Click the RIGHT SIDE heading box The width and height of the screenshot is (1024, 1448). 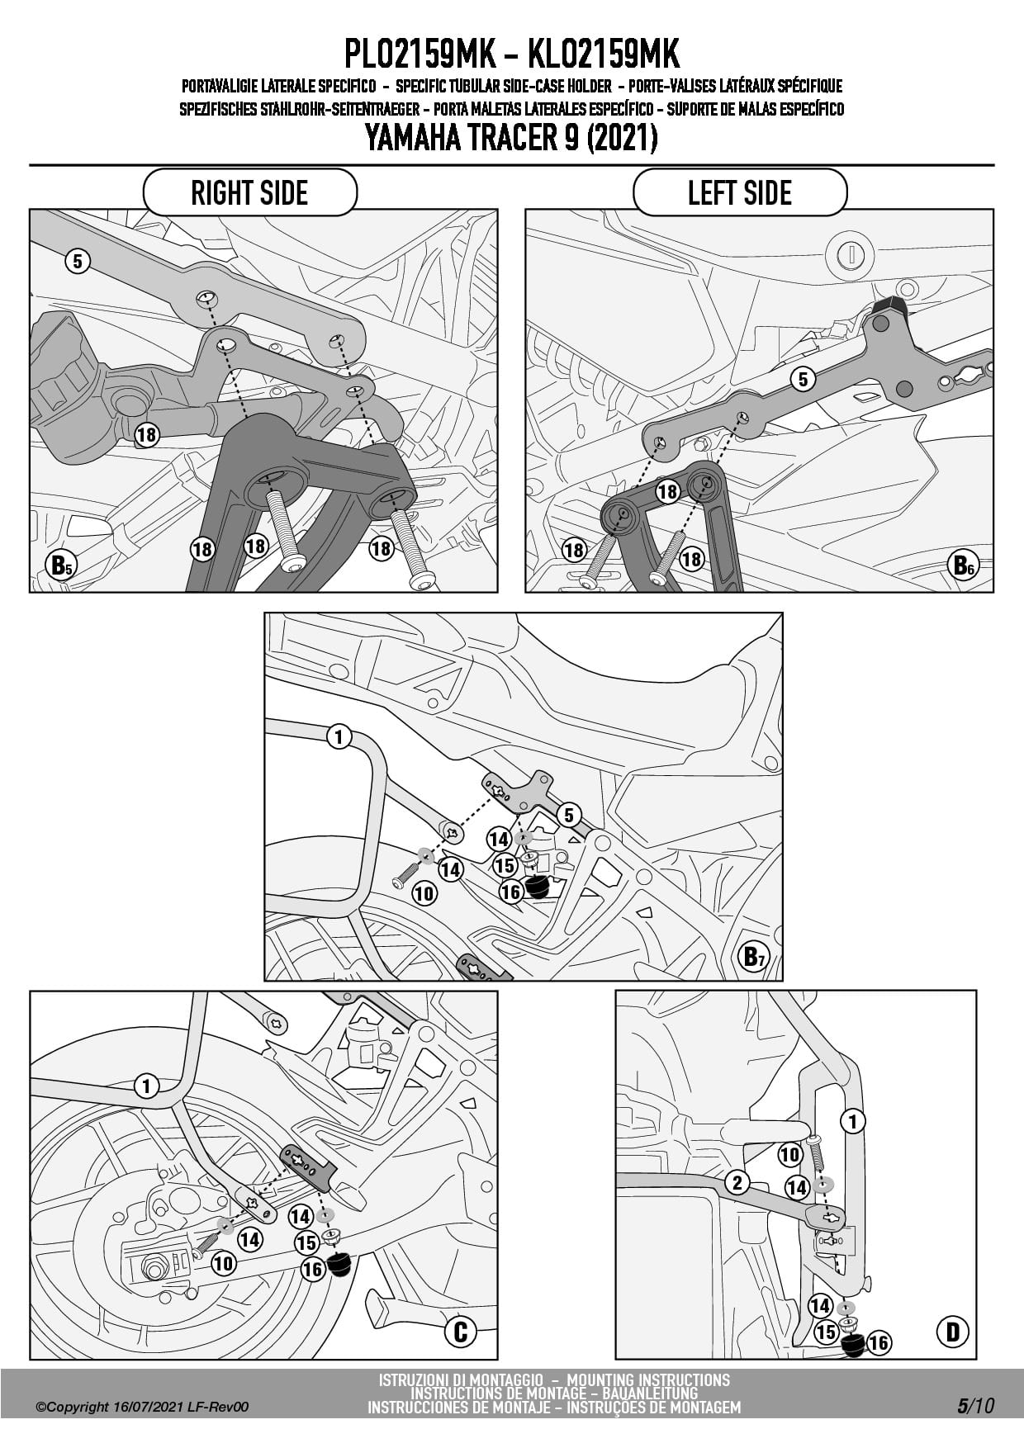pyautogui.click(x=249, y=192)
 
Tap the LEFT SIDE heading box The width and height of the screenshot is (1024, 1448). pyautogui.click(x=740, y=192)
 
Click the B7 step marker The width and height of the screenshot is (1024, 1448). pyautogui.click(x=754, y=956)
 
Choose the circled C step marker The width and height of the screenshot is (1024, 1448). pyautogui.click(x=461, y=1331)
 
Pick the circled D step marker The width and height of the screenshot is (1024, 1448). pyautogui.click(x=953, y=1331)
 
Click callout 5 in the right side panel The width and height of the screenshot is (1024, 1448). pyautogui.click(x=77, y=262)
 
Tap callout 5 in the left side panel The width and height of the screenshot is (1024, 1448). pyautogui.click(x=803, y=379)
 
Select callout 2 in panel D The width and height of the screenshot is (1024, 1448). pyautogui.click(x=737, y=1182)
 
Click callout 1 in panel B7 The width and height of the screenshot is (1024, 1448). pyautogui.click(x=339, y=736)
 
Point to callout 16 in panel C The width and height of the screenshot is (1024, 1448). pyautogui.click(x=312, y=1269)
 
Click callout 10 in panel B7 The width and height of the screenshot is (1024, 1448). pyautogui.click(x=424, y=892)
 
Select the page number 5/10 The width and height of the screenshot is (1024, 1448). pyautogui.click(x=976, y=1406)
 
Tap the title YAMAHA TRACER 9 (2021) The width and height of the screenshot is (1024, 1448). pyautogui.click(x=511, y=137)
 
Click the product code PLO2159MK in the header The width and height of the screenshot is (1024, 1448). pyautogui.click(x=420, y=54)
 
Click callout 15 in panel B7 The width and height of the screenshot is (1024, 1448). pyautogui.click(x=505, y=865)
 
